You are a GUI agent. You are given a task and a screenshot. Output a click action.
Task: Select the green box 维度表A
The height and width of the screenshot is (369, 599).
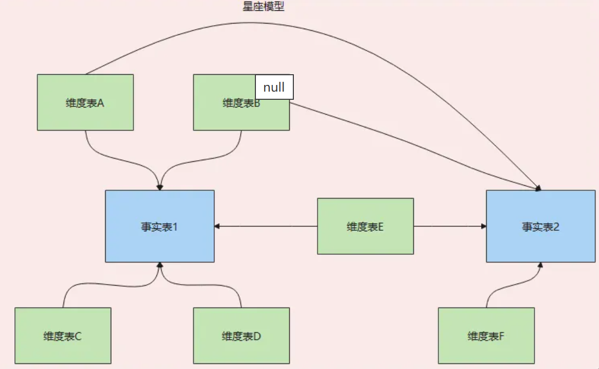(x=85, y=102)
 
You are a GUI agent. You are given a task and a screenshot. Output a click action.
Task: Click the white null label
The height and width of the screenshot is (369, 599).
(x=274, y=87)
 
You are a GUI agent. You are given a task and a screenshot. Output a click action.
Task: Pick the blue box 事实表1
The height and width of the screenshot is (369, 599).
(x=159, y=226)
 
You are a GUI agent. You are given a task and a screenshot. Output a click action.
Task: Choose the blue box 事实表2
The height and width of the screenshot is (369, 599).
(x=541, y=226)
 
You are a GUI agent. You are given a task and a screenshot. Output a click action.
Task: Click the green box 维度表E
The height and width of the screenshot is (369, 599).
(x=365, y=226)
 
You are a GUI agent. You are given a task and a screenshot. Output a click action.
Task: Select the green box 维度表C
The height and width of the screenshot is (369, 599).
(x=63, y=336)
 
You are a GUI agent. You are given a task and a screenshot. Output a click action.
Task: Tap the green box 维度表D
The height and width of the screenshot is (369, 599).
(x=241, y=336)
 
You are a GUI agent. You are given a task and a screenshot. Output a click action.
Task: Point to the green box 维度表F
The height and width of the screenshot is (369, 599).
(x=486, y=336)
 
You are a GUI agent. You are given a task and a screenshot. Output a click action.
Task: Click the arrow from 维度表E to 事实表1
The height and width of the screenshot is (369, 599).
(x=267, y=226)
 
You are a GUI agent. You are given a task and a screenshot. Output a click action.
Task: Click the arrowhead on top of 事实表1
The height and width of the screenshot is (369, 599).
(x=159, y=187)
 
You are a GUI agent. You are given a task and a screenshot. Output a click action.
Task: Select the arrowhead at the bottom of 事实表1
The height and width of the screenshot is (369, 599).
(x=159, y=265)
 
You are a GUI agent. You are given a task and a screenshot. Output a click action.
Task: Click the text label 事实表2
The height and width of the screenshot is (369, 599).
(x=541, y=227)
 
